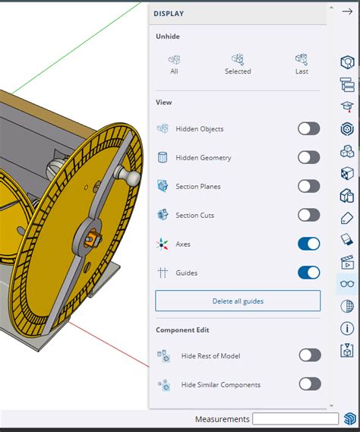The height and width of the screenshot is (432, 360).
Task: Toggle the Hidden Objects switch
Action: (308, 128)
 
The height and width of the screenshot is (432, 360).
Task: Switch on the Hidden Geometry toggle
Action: (308, 157)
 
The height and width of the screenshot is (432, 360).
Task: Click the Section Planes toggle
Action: (308, 186)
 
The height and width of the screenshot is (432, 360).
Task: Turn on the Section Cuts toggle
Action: (308, 215)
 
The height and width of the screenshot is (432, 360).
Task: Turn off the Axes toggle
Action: (308, 244)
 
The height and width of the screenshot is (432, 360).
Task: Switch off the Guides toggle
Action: (308, 273)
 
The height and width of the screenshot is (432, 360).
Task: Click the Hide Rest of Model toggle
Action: (309, 355)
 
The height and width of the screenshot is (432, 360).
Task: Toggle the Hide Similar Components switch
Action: (309, 383)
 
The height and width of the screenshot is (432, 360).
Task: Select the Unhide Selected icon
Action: (238, 59)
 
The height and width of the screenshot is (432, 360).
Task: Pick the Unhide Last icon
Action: (302, 59)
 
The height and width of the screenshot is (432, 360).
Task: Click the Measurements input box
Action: (295, 419)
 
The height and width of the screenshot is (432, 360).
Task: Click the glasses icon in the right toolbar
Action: (347, 285)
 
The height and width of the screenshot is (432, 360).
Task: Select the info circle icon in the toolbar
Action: (347, 329)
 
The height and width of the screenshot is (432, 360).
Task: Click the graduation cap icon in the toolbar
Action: (347, 107)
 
